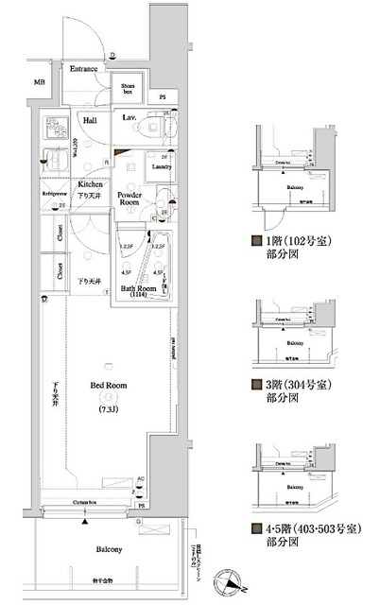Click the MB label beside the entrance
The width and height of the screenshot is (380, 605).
[x=40, y=83]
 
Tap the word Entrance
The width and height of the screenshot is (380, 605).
[x=84, y=70]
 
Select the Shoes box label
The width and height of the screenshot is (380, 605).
[x=129, y=89]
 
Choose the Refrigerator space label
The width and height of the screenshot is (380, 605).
[x=56, y=194]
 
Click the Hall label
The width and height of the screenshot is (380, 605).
[x=90, y=120]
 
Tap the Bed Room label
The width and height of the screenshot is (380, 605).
[x=105, y=386]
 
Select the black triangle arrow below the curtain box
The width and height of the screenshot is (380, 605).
[x=86, y=520]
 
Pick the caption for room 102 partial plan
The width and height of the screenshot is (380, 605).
[x=285, y=246]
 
